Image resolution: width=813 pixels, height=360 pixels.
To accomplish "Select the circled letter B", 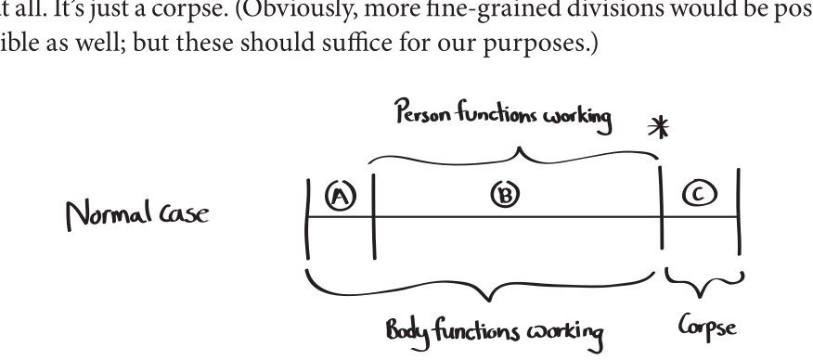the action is (x=505, y=194).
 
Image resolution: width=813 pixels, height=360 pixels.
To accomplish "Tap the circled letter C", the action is (x=700, y=194).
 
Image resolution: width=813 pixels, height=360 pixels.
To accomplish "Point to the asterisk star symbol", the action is (x=659, y=127).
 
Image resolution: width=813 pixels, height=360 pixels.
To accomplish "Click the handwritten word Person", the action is (x=421, y=110).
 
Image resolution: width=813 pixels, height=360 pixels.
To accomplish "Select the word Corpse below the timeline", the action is (x=707, y=327).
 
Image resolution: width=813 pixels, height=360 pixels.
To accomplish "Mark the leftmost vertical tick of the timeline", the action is (x=308, y=219).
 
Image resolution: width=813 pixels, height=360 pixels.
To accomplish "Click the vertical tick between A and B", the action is (x=374, y=216).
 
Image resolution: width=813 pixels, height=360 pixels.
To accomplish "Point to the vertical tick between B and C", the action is (x=661, y=207).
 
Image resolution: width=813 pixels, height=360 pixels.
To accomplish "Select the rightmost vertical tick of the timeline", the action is (x=739, y=212).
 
